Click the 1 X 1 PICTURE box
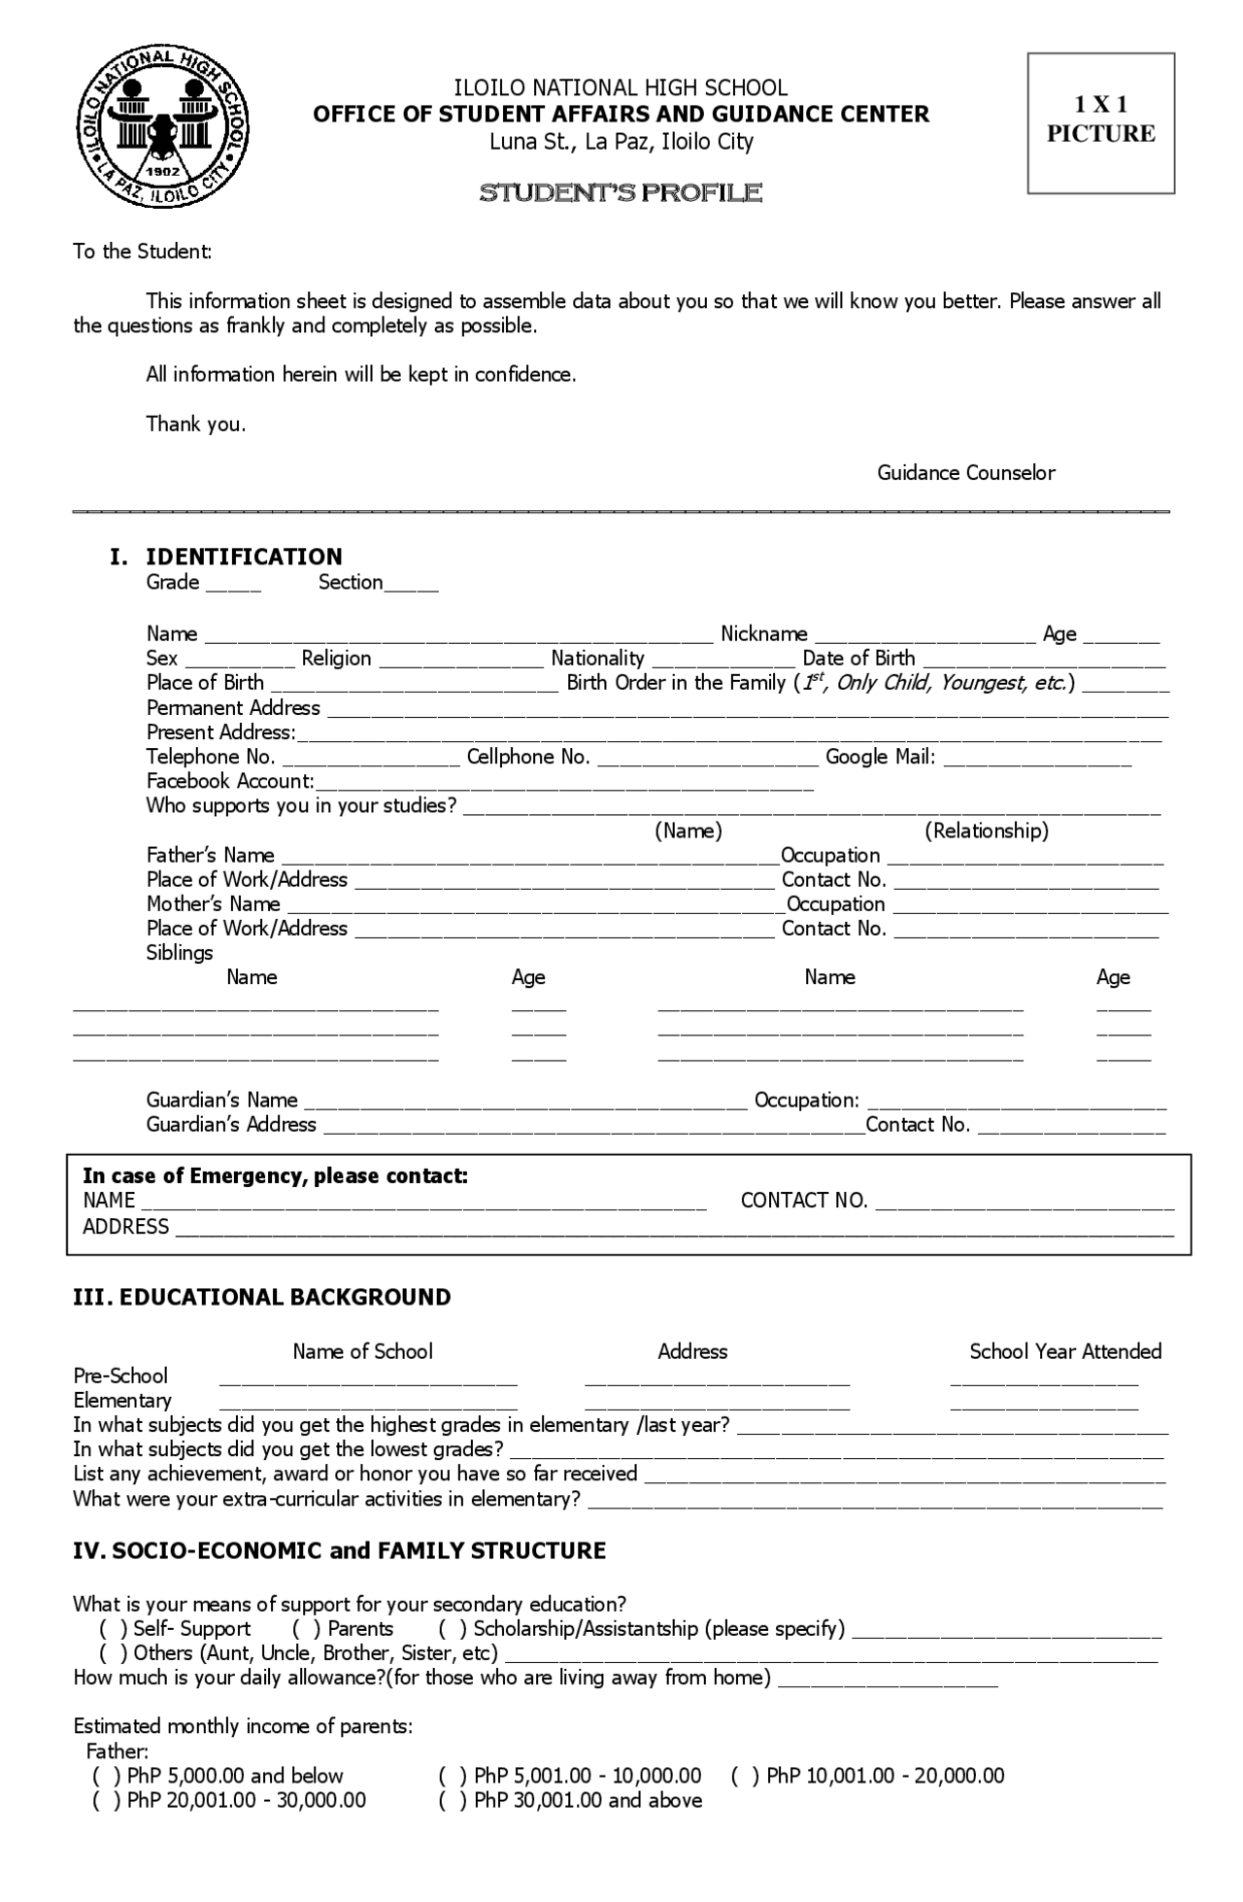tap(1100, 123)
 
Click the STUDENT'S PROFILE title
tap(621, 193)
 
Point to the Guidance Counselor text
tap(965, 473)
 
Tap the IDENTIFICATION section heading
tap(244, 557)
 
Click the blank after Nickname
tap(924, 637)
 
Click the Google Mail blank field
tap(1037, 761)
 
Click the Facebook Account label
tap(230, 781)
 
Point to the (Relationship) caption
tap(986, 831)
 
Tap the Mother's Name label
tap(214, 904)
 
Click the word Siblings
tap(180, 953)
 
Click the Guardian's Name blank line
tap(525, 1104)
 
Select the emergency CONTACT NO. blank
tap(1025, 1205)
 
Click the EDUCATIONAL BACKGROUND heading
tap(262, 1298)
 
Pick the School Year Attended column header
tap(1065, 1351)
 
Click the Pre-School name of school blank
tap(368, 1379)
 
